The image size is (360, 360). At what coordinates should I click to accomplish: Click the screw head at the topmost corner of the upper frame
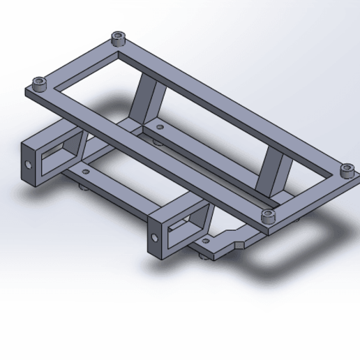click(117, 37)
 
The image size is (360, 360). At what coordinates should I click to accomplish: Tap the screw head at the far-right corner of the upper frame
click(345, 169)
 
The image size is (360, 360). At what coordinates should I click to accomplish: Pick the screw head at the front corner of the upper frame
click(268, 216)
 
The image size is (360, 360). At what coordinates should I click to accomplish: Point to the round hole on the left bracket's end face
click(29, 166)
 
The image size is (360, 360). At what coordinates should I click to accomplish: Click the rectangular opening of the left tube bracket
click(56, 156)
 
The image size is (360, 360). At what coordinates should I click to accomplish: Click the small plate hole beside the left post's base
click(160, 128)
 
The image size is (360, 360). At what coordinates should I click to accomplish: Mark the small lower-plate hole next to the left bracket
click(86, 170)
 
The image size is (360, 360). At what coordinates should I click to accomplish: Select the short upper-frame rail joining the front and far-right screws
click(307, 193)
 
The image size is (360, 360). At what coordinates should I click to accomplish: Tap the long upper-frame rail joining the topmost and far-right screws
click(230, 102)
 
